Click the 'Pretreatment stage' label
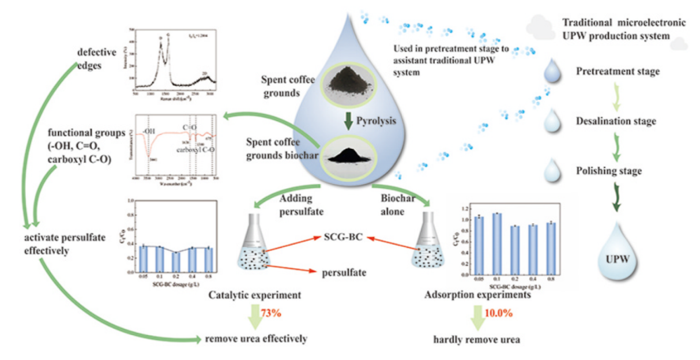pyautogui.click(x=618, y=72)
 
